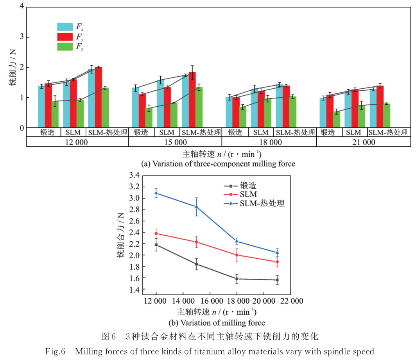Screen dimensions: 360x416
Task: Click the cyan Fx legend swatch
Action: tap(65, 27)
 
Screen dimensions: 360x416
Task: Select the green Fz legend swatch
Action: tap(65, 47)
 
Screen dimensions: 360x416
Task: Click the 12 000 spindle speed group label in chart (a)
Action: tap(77, 142)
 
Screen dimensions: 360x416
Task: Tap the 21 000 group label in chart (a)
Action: tap(363, 142)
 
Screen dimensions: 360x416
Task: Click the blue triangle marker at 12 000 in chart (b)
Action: tap(156, 193)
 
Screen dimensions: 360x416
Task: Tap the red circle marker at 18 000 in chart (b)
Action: tap(237, 255)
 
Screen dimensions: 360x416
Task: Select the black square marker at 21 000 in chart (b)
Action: tap(277, 280)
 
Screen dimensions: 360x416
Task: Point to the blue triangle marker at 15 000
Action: tap(196, 206)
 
